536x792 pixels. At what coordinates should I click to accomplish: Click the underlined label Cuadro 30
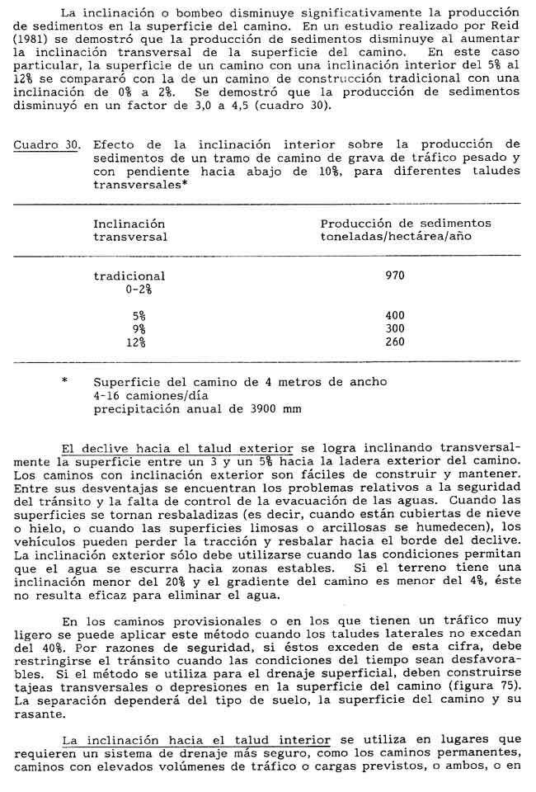tap(46, 145)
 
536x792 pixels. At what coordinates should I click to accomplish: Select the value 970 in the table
tap(395, 276)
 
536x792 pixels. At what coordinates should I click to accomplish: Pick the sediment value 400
tap(395, 315)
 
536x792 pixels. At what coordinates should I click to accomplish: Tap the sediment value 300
tap(395, 328)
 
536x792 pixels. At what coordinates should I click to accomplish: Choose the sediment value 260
tap(395, 342)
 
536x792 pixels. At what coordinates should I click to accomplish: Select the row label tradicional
tap(129, 276)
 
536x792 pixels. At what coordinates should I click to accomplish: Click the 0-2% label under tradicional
tap(137, 289)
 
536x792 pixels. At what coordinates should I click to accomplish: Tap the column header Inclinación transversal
tap(129, 229)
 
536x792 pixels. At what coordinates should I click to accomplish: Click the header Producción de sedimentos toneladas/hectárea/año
tap(405, 229)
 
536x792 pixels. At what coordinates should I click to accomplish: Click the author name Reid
tap(505, 26)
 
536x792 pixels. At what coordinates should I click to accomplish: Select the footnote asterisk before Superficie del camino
tap(63, 382)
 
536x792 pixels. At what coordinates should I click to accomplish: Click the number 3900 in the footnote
tap(250, 408)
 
